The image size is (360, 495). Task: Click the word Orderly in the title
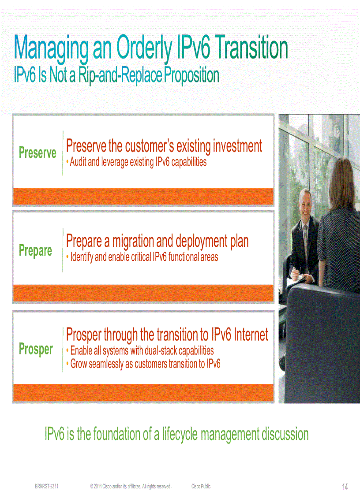[x=143, y=48]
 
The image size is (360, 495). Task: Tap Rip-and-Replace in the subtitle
[x=120, y=75]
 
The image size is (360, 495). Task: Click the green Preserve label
[x=37, y=153]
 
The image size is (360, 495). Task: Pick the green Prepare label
[x=35, y=250]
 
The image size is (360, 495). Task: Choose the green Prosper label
[x=36, y=349]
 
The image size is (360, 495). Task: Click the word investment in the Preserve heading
[x=237, y=146]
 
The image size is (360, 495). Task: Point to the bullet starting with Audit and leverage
[x=138, y=162]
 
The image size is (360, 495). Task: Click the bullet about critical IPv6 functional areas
[x=144, y=257]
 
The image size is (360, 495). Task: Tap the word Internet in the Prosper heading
[x=251, y=335]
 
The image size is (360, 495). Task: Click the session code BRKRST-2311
[x=47, y=486]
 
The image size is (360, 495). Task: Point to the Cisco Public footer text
[x=201, y=486]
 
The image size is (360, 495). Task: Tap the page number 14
[x=345, y=487]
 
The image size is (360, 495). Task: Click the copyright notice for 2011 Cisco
[x=131, y=486]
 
